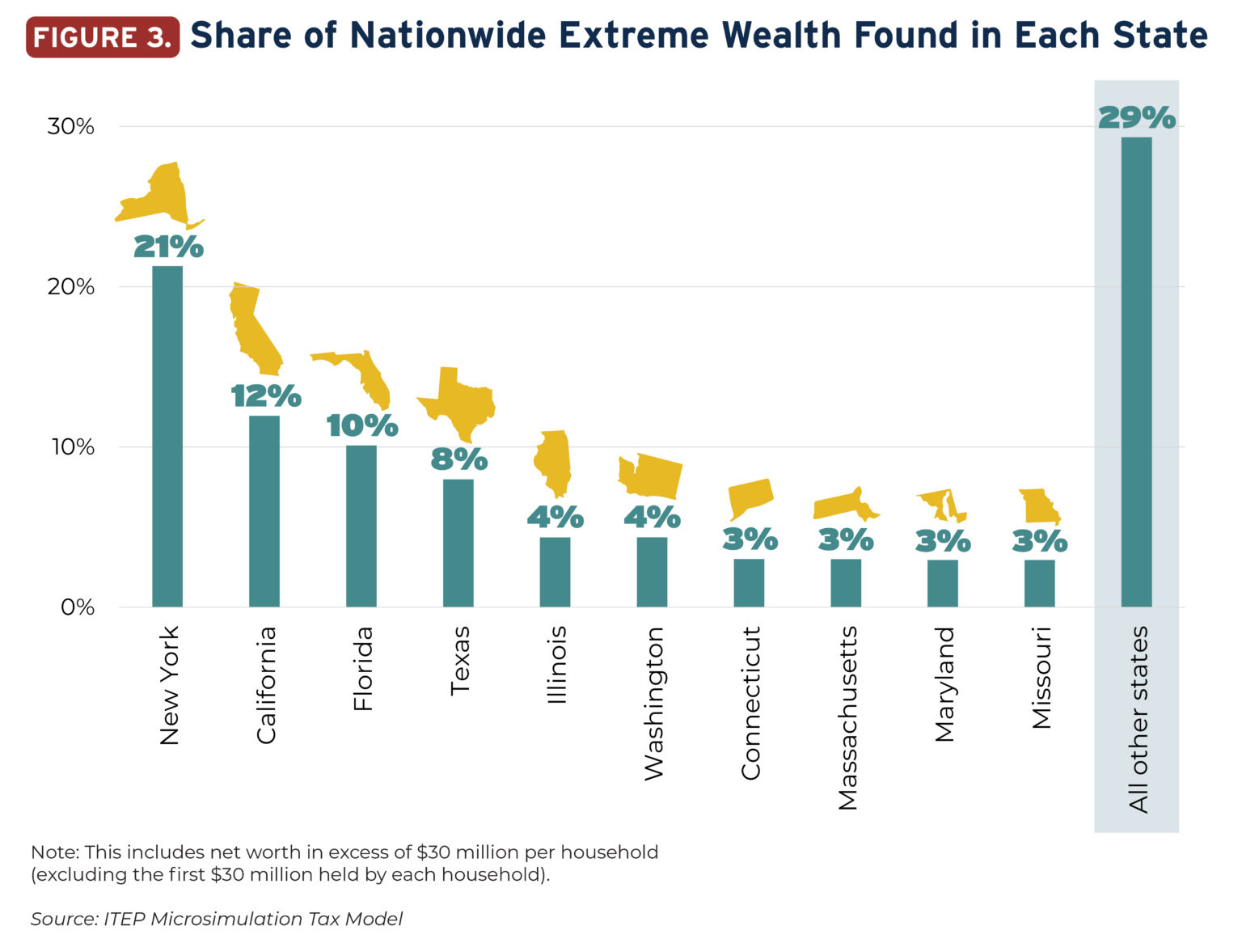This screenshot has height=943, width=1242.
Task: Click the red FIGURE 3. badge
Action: (103, 37)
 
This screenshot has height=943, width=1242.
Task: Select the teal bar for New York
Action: (167, 437)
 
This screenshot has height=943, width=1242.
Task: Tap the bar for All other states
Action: (1136, 372)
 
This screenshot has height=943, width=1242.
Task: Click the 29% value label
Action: (1136, 118)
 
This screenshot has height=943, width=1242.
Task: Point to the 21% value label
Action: (168, 247)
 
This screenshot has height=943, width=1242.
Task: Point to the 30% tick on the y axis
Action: (71, 127)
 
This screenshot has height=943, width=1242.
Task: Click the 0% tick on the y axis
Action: (78, 607)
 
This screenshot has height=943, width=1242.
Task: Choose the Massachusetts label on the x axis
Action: (847, 718)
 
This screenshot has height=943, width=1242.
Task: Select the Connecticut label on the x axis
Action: (750, 704)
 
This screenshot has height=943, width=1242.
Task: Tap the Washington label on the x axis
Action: (653, 704)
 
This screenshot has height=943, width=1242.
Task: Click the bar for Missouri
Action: (1039, 583)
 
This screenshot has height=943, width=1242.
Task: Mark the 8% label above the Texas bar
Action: (458, 459)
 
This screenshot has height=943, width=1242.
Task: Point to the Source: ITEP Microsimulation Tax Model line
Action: (217, 919)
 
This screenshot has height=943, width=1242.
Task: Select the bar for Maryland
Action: (942, 583)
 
